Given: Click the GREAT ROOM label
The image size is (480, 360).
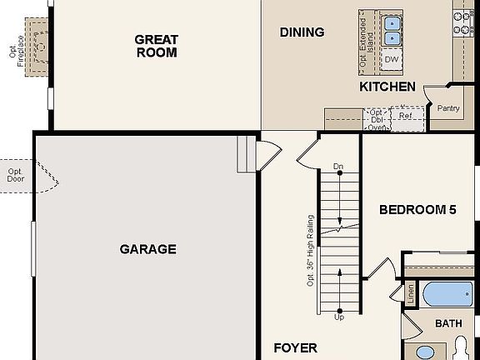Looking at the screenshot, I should click(156, 45).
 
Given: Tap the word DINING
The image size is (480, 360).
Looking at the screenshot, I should click(302, 32).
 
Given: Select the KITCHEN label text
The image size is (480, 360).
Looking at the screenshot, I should click(387, 87).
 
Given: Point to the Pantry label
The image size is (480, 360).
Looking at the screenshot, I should click(448, 108).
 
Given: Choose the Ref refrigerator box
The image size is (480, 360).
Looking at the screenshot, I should click(405, 116).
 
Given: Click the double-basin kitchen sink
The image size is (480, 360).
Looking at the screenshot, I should click(392, 29).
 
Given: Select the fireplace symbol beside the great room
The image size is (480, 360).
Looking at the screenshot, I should click(35, 39).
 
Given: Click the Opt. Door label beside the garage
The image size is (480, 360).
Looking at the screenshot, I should click(16, 174).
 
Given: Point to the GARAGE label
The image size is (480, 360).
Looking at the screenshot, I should click(147, 248).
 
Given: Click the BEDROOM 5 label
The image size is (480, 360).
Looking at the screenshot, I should click(417, 210).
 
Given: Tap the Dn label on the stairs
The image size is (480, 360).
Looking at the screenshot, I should click(338, 167).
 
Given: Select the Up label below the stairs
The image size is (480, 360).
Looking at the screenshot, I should click(338, 317).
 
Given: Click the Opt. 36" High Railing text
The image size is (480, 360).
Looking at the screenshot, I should click(310, 251).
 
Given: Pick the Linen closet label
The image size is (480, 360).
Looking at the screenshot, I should click(411, 294).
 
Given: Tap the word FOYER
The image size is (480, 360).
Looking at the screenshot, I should click(295, 347).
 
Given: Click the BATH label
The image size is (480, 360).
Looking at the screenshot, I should click(448, 323).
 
